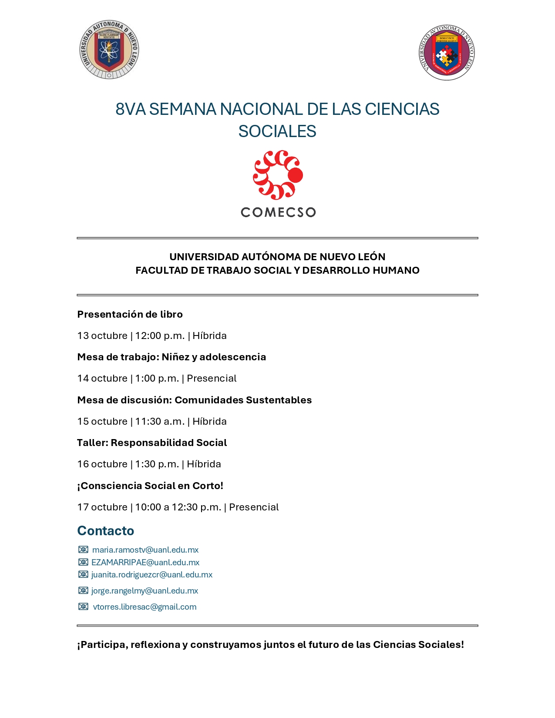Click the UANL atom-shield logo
tap(109, 49)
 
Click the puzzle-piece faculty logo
tap(447, 53)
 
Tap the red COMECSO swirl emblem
tap(278, 175)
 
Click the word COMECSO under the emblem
tap(278, 212)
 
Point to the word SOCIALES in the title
tap(277, 131)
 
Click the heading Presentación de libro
tap(130, 314)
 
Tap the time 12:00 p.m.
tap(160, 336)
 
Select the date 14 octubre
tap(102, 378)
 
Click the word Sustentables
tap(279, 400)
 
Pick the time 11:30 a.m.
tap(160, 421)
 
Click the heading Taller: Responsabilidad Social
tap(152, 443)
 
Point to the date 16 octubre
tap(102, 464)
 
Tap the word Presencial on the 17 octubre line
tap(254, 507)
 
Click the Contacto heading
tap(106, 531)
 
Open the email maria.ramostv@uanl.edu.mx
tap(145, 550)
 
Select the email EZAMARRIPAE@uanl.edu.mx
tap(145, 563)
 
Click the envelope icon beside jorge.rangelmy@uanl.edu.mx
tap(83, 591)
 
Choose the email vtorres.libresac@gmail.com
tap(145, 607)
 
